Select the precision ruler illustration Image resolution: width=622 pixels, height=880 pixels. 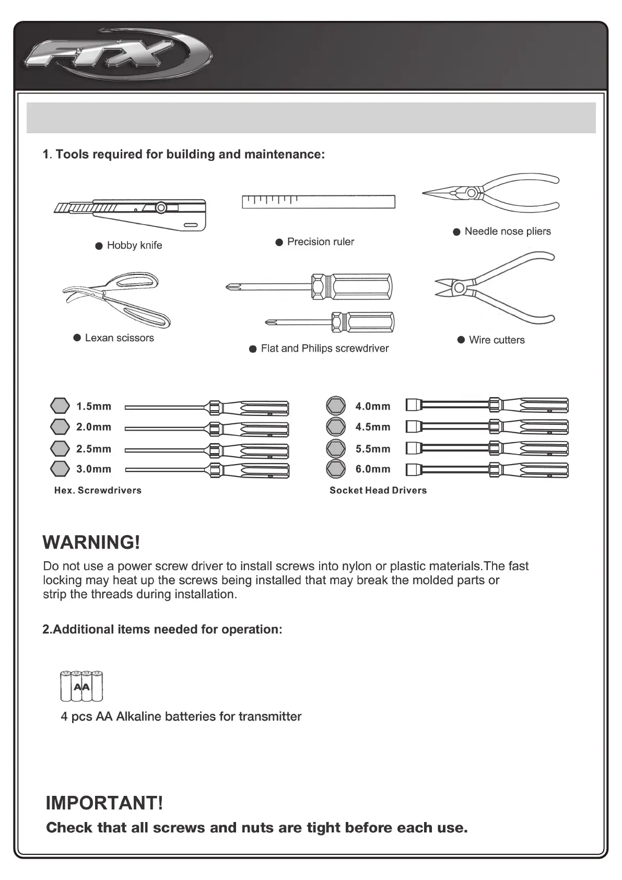tap(318, 202)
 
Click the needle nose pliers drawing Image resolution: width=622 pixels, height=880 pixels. tap(491, 194)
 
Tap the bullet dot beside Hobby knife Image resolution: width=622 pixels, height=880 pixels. tap(99, 246)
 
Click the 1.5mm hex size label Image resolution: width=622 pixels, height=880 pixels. tap(93, 407)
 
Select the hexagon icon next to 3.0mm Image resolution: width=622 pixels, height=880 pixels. tap(60, 469)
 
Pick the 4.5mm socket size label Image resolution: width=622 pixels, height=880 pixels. tap(373, 427)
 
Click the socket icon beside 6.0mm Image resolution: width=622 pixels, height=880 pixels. tap(336, 469)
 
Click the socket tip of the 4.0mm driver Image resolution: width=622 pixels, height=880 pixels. tap(413, 406)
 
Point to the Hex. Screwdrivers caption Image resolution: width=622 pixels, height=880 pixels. tap(98, 490)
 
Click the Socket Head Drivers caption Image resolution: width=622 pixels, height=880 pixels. tap(378, 490)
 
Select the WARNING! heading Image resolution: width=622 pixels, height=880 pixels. tap(91, 542)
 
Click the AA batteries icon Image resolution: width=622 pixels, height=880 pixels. tap(82, 686)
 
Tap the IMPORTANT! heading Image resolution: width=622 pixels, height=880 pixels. tap(104, 803)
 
